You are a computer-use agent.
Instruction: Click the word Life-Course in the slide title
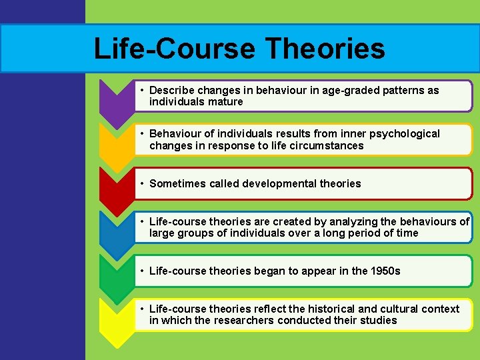[175, 49]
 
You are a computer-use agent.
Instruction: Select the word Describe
[171, 90]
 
